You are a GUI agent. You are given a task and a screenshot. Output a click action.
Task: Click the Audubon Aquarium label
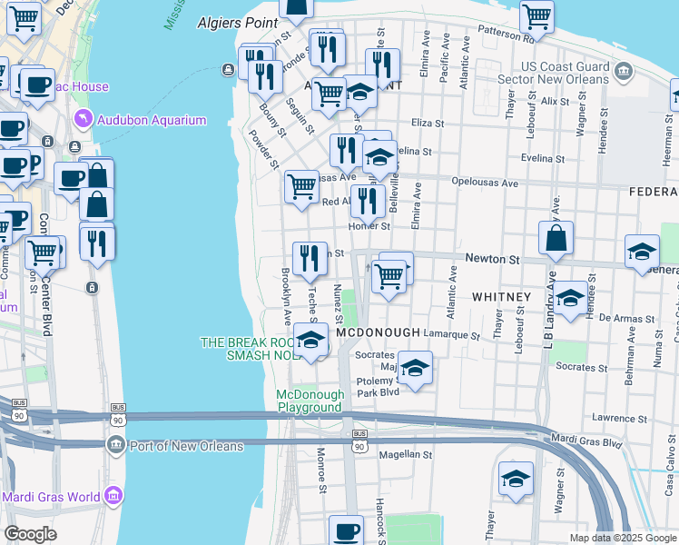point(153,120)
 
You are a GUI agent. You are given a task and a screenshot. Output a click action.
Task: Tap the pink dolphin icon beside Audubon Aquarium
point(84,120)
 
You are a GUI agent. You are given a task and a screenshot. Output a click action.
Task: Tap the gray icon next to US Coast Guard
point(623,71)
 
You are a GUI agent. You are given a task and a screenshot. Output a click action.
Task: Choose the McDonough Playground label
point(310,401)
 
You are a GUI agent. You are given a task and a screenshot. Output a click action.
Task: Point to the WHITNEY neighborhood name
point(501,297)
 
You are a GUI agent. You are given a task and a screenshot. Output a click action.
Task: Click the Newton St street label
point(492,259)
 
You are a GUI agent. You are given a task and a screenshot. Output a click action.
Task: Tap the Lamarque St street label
point(451,334)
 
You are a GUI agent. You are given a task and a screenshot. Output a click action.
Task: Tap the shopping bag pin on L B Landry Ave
point(556,239)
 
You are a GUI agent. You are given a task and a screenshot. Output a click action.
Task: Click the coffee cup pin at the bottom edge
point(345,530)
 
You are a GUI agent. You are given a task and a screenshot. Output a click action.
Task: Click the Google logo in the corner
point(30,534)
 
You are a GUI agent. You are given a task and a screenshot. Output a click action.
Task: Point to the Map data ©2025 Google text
point(622,538)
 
